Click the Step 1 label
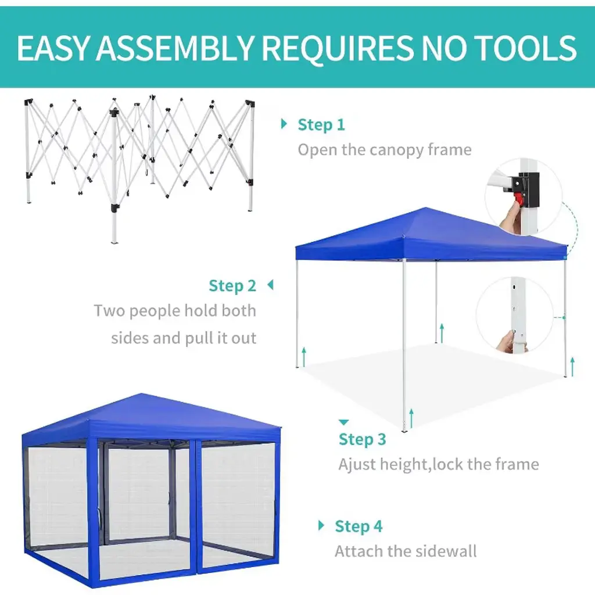point(321,124)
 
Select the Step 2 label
point(232,285)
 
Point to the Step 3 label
point(362,439)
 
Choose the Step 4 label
point(359,526)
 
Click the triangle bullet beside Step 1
point(284,124)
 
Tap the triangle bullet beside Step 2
point(270,285)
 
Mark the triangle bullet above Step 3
point(343,422)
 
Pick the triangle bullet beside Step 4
point(321,525)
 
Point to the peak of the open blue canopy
point(426,208)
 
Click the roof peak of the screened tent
point(142,394)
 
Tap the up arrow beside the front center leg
point(411,418)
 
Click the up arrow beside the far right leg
point(572,367)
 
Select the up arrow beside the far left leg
point(303,357)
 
